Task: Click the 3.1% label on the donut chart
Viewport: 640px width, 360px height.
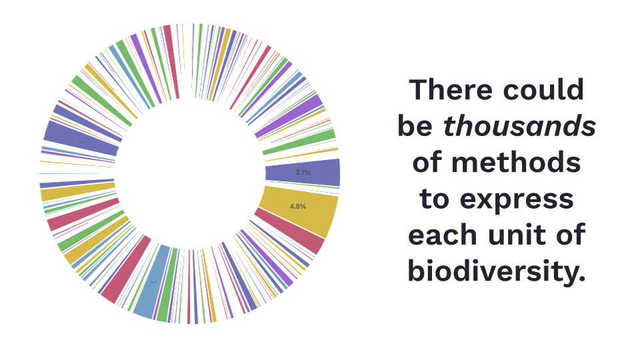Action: (x=303, y=173)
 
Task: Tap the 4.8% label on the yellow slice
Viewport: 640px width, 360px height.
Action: (x=298, y=207)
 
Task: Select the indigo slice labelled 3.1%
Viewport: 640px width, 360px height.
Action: (x=303, y=173)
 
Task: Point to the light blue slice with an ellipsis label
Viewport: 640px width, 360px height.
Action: (x=151, y=281)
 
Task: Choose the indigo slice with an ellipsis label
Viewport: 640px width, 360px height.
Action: (x=81, y=139)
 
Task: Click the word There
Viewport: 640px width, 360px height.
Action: (x=451, y=90)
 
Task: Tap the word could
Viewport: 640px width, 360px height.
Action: (x=543, y=90)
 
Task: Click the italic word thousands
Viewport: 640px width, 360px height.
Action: (x=519, y=126)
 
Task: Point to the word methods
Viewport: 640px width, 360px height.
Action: (x=516, y=163)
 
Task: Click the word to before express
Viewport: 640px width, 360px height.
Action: (x=434, y=199)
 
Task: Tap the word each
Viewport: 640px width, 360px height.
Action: (x=443, y=235)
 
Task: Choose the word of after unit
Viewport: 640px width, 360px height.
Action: (x=571, y=235)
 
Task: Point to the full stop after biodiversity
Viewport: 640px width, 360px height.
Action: (x=583, y=279)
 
